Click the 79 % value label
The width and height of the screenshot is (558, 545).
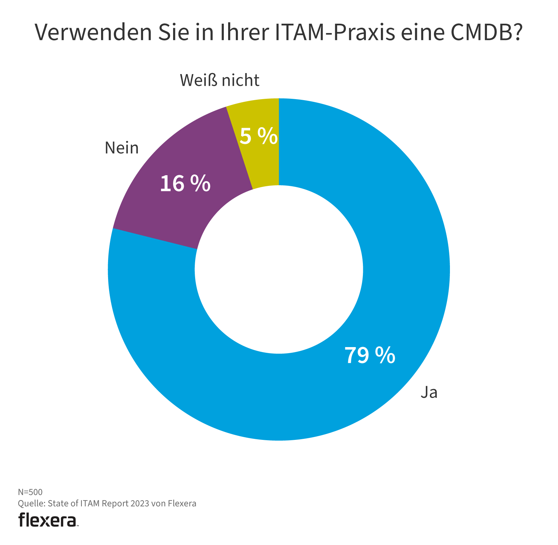tap(370, 355)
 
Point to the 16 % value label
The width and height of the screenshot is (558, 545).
tap(185, 184)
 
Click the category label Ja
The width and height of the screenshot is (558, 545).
tap(429, 392)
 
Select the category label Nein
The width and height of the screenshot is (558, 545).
tap(121, 148)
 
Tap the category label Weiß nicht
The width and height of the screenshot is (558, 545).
tap(219, 80)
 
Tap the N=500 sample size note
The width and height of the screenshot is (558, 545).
tap(30, 492)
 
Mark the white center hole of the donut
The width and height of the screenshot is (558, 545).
tap(279, 269)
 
